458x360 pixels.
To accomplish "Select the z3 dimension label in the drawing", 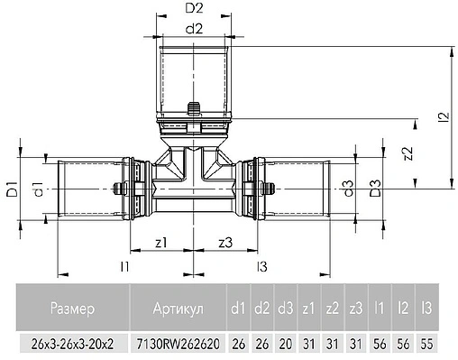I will pyautogui.click(x=227, y=243).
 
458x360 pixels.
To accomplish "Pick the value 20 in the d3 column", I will pyautogui.click(x=285, y=345).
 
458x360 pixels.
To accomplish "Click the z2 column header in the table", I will pyautogui.click(x=331, y=309).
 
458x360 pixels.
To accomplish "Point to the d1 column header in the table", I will pyautogui.click(x=238, y=309).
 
